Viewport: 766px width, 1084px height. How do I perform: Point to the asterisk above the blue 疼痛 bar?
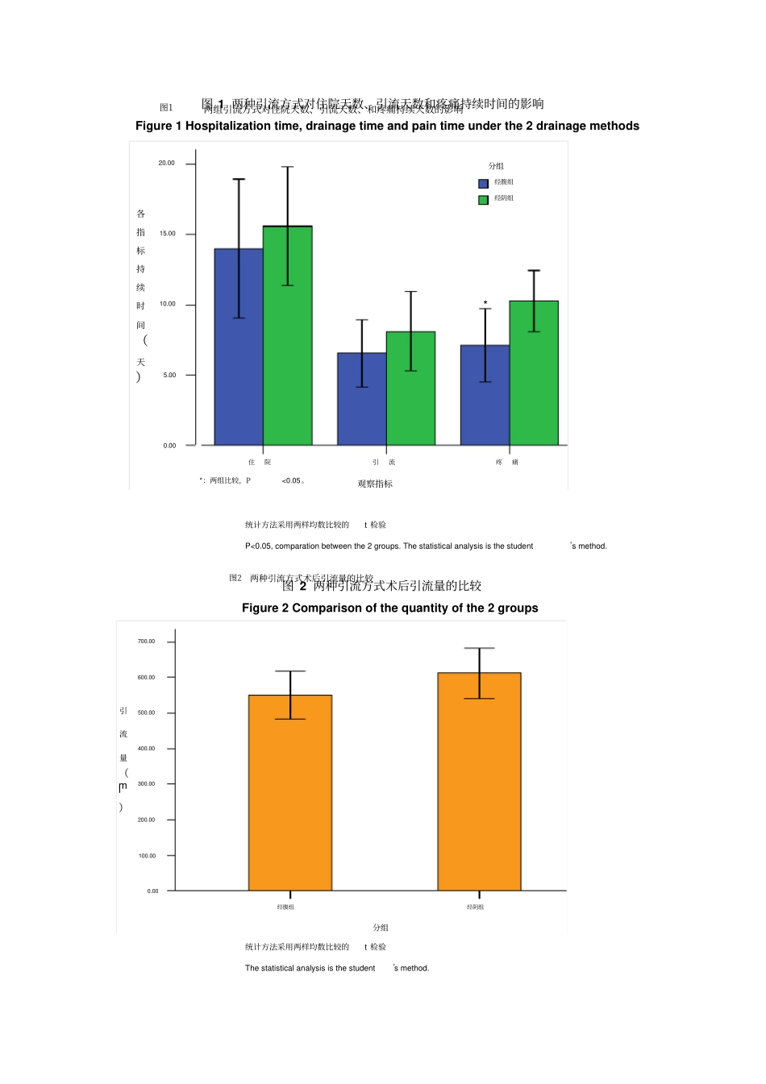485,304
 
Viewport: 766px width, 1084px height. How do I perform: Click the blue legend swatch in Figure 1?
483,184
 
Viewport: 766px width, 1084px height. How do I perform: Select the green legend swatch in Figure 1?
483,200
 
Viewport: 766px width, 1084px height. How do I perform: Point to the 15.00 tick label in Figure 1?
167,234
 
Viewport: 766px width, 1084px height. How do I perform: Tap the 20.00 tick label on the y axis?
166,163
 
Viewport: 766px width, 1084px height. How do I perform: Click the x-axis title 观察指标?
375,484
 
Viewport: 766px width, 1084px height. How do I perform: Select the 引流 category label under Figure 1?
384,463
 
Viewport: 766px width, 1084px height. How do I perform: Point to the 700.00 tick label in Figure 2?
146,642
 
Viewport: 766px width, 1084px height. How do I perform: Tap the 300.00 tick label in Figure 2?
146,784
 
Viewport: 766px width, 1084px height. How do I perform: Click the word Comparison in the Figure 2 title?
327,608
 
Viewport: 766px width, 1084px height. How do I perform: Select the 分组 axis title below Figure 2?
381,928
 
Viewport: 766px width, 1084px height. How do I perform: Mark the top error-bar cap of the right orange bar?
479,648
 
